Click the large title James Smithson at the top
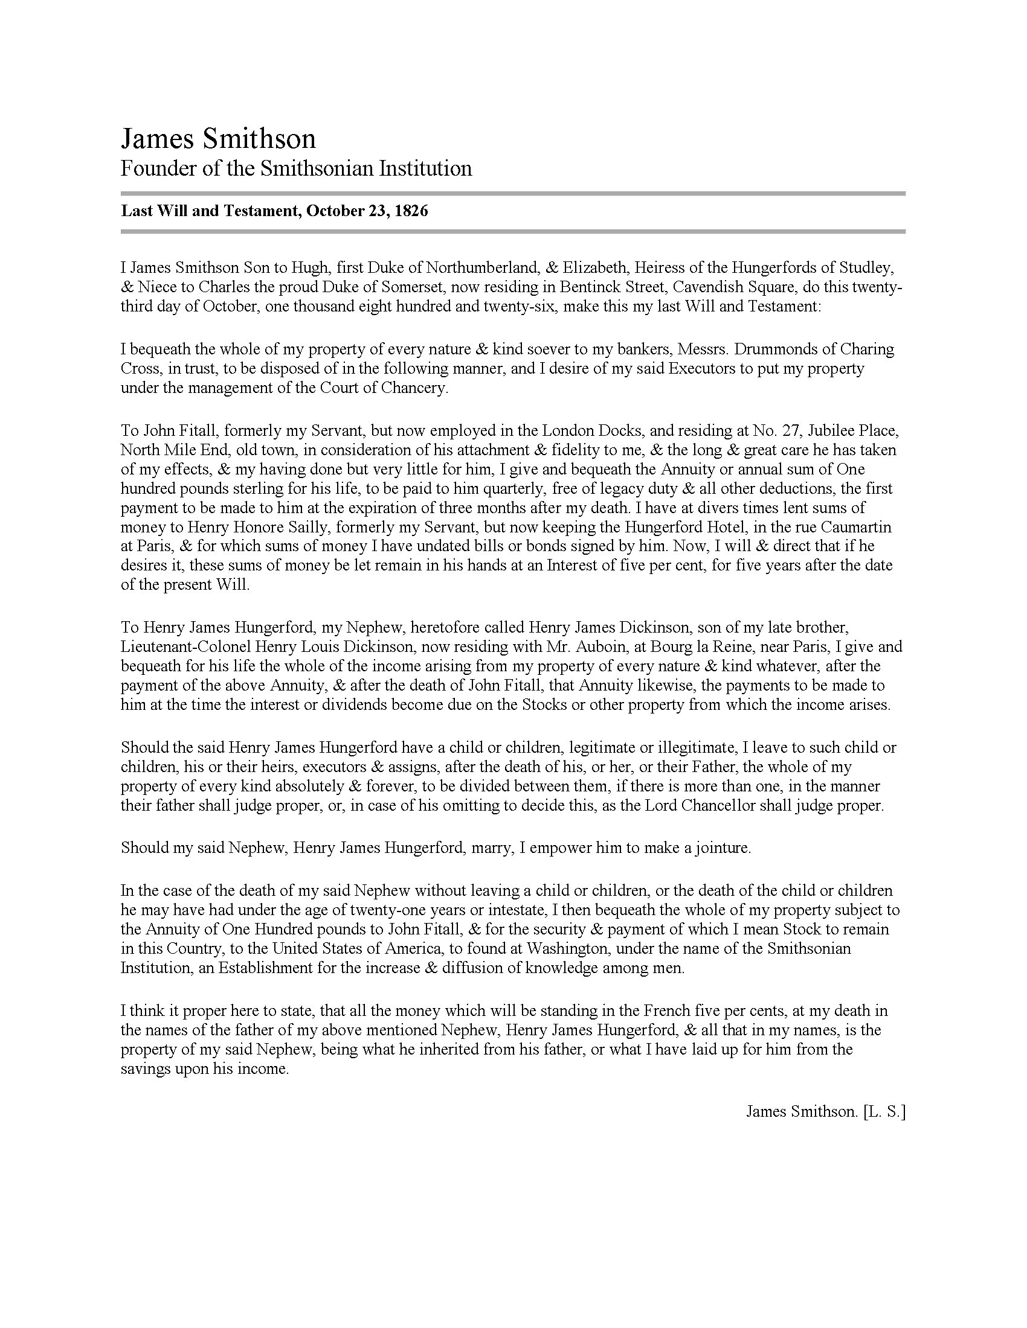pos(218,139)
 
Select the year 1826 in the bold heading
pos(411,211)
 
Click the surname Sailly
pos(315,527)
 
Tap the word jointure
pos(721,848)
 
